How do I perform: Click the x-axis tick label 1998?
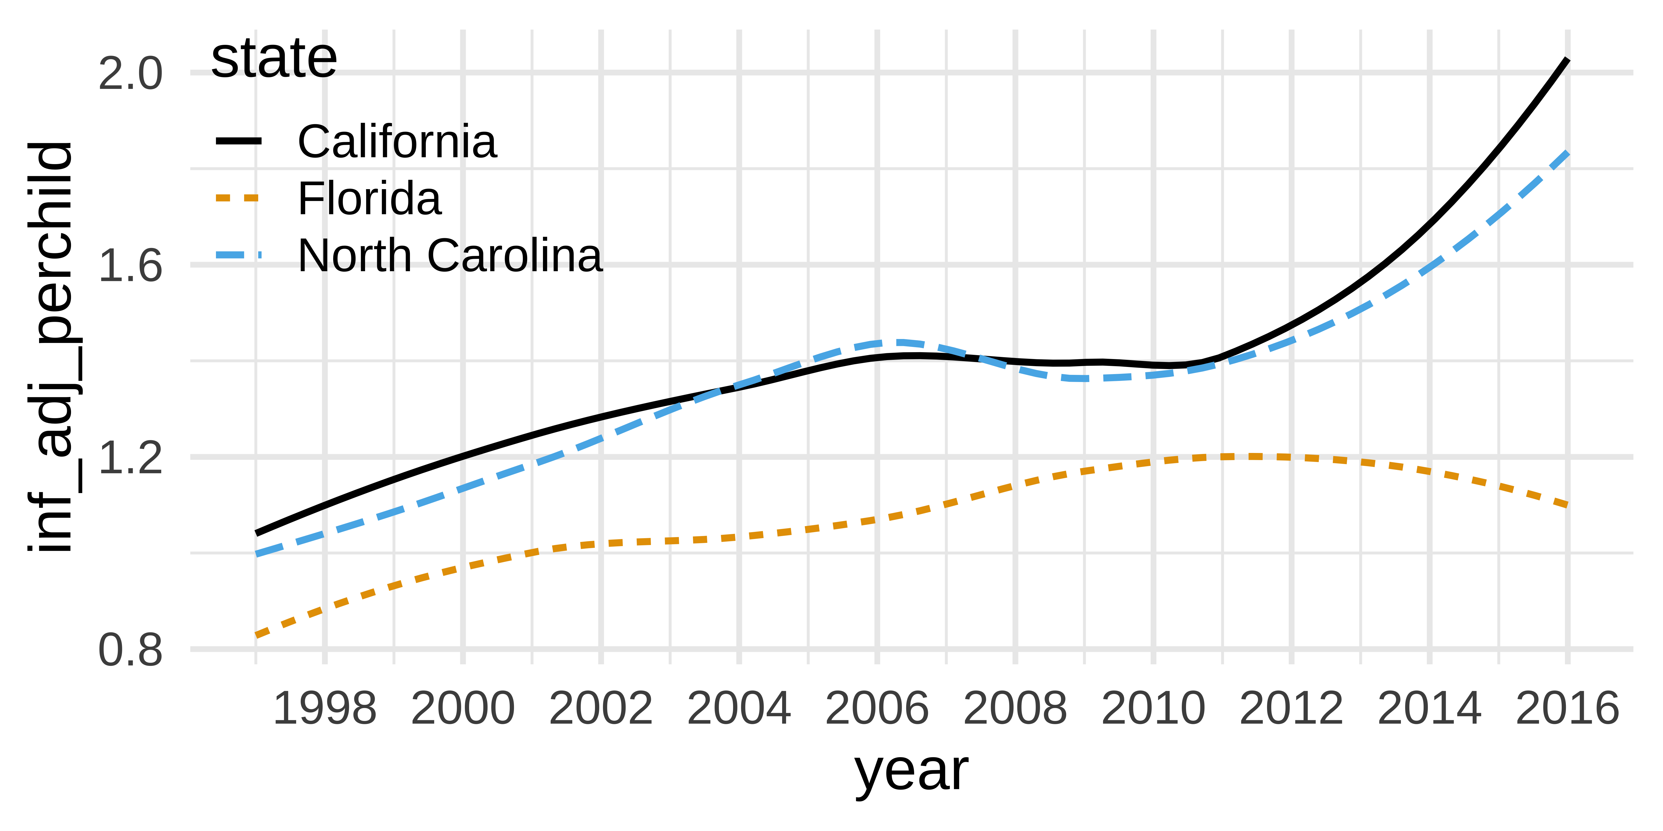tap(325, 709)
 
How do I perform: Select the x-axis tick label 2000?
tap(463, 709)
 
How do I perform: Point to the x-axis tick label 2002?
tap(601, 709)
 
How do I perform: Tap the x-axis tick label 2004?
tap(739, 709)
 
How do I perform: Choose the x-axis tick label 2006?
tap(877, 709)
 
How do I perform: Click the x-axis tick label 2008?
tap(1015, 709)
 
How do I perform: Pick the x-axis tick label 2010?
tap(1154, 709)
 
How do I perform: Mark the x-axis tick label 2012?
tap(1292, 709)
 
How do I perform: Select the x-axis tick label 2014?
tap(1430, 709)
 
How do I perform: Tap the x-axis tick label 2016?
tap(1567, 709)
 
